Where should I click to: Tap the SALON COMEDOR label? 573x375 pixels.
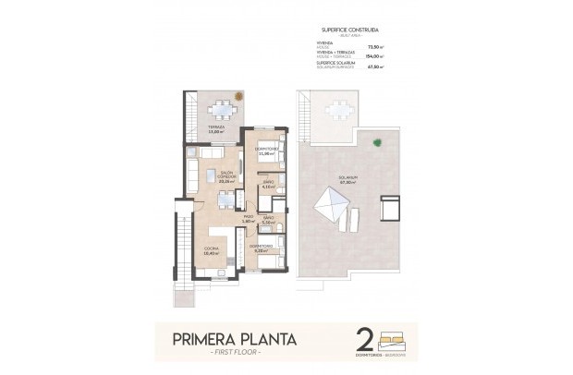point(226,175)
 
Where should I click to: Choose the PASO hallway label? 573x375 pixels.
point(248,219)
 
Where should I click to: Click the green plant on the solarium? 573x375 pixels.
point(378,141)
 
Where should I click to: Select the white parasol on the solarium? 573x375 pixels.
point(329,204)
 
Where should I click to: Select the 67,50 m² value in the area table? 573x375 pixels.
point(374,67)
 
